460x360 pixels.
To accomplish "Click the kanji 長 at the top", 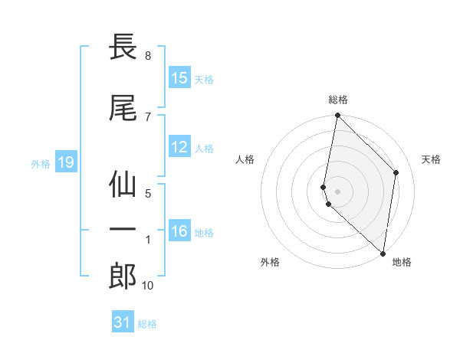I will pos(123,47).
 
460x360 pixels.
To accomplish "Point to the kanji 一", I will pos(123,229).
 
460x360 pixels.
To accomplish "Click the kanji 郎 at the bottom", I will pos(123,276).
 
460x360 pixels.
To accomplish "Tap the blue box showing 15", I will pos(179,78).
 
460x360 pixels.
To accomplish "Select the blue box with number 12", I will pos(179,147).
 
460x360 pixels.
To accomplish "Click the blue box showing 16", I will pos(179,231).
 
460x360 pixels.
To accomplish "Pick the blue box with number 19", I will pos(65,162).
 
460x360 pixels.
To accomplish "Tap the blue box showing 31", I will pos(123,322).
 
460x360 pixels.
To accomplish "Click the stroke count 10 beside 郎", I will pos(147,286).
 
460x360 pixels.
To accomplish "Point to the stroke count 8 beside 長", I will pos(147,56).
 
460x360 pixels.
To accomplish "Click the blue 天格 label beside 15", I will pos(204,79).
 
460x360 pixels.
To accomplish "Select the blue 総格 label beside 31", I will pos(147,323).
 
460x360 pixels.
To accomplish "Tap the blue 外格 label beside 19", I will pos(40,163).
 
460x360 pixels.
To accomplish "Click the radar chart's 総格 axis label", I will pos(338,100).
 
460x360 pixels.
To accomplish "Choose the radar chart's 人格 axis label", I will pos(245,159).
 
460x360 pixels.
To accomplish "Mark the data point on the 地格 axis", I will pos(383,254).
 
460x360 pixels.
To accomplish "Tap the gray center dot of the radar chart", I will pos(338,191).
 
